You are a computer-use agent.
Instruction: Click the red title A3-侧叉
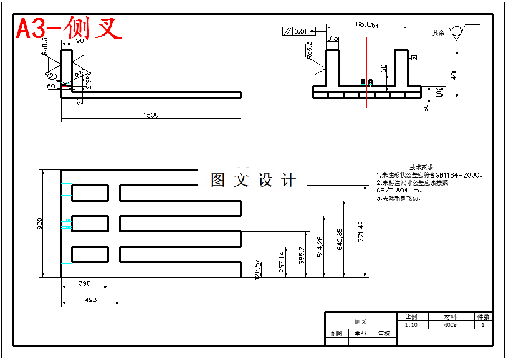click(x=69, y=28)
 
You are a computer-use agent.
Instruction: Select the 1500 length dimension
click(x=151, y=115)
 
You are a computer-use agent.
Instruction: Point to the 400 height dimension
click(x=454, y=73)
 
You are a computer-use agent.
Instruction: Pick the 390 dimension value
click(x=85, y=283)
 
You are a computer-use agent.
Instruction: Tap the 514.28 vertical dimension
click(x=320, y=246)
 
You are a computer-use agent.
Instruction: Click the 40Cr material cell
click(x=450, y=325)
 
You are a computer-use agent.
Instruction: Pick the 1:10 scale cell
click(x=411, y=325)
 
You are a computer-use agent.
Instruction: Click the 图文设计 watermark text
click(x=253, y=180)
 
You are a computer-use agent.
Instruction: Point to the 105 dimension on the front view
click(x=332, y=39)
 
